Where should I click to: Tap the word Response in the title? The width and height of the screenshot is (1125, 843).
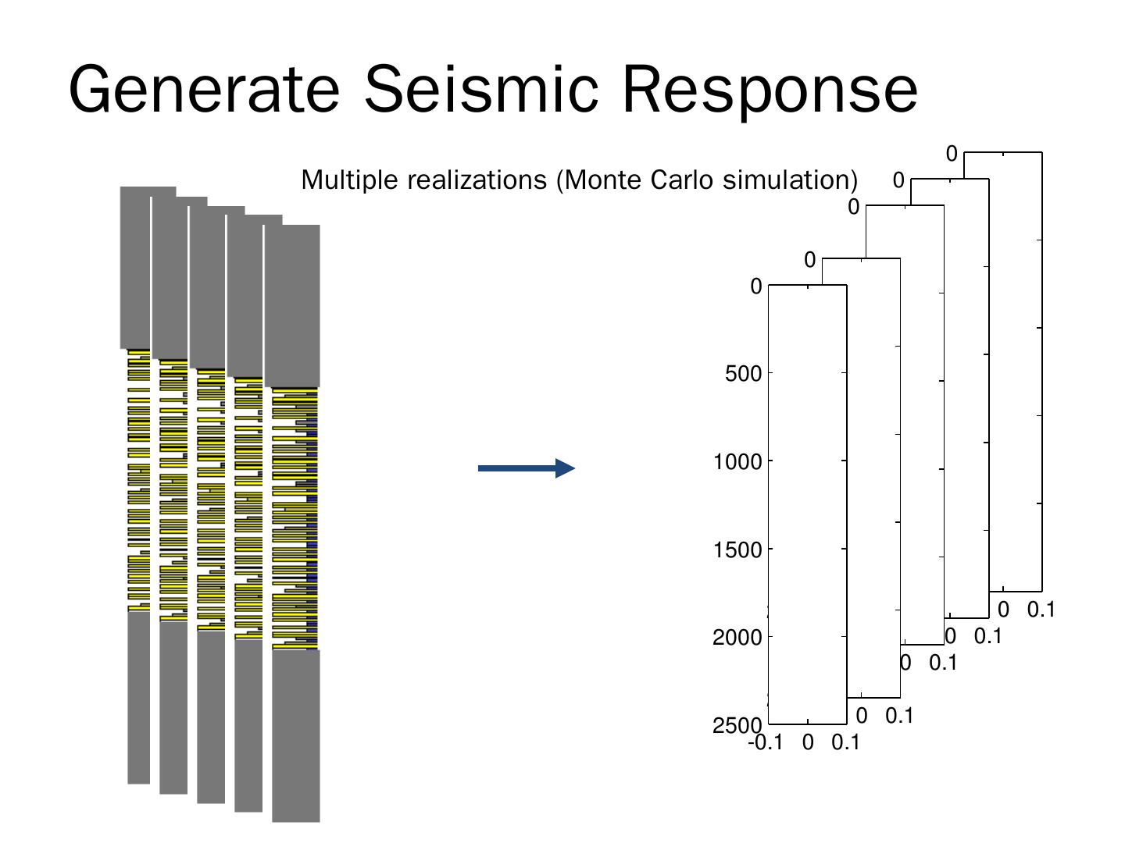(770, 90)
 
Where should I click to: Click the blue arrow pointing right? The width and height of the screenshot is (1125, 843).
(526, 468)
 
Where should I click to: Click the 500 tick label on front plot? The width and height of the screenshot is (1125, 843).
(743, 374)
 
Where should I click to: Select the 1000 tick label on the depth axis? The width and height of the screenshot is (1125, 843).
(737, 462)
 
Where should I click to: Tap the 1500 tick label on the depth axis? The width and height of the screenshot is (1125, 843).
(737, 550)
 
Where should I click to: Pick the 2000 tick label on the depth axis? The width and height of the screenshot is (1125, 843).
(737, 638)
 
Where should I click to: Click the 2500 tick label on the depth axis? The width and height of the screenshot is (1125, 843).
(737, 726)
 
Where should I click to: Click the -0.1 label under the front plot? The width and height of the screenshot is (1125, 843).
(765, 743)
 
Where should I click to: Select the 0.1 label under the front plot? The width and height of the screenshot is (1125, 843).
(845, 743)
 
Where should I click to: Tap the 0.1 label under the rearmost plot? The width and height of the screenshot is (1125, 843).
(1041, 610)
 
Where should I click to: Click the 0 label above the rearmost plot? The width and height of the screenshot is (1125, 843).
(951, 155)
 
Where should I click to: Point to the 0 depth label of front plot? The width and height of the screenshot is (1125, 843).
(755, 287)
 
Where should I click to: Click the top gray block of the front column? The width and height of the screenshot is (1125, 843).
(292, 304)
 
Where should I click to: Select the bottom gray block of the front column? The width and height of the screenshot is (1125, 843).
(296, 735)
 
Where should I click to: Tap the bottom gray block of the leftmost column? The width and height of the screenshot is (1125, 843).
(138, 697)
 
